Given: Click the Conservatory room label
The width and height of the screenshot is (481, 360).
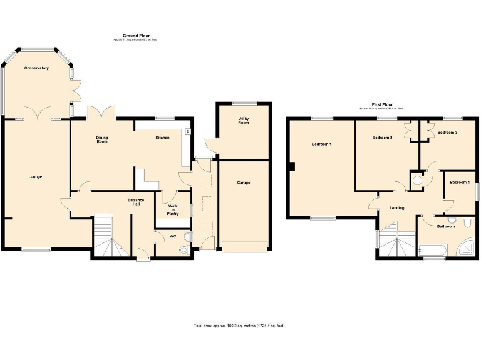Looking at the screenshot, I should pyautogui.click(x=36, y=67).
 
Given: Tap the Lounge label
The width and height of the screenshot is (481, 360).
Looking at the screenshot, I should pyautogui.click(x=35, y=176).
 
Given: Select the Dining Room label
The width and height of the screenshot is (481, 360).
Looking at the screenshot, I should pyautogui.click(x=102, y=139).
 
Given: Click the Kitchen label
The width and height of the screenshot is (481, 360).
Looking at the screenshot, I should pyautogui.click(x=162, y=137).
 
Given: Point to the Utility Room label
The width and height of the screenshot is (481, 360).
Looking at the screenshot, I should pyautogui.click(x=244, y=120).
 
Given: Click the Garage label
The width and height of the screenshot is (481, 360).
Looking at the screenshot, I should pyautogui.click(x=244, y=182).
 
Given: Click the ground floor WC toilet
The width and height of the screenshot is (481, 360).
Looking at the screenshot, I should pyautogui.click(x=184, y=250).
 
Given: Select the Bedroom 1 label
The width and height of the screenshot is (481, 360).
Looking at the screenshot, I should pyautogui.click(x=321, y=144).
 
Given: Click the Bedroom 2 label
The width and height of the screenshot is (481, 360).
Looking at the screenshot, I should pyautogui.click(x=382, y=137).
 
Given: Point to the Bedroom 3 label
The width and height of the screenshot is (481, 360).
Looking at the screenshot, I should pyautogui.click(x=447, y=132).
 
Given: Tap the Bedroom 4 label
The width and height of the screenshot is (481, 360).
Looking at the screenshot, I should pyautogui.click(x=460, y=182).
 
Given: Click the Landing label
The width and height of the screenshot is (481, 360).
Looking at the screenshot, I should pyautogui.click(x=396, y=208).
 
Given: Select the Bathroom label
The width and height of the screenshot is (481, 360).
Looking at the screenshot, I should pyautogui.click(x=445, y=226).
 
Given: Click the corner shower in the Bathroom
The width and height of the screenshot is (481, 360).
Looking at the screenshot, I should pyautogui.click(x=467, y=247).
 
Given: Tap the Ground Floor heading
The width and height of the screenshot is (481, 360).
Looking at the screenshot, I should pyautogui.click(x=135, y=36).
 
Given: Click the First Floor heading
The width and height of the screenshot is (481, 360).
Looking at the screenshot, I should pyautogui.click(x=381, y=104).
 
